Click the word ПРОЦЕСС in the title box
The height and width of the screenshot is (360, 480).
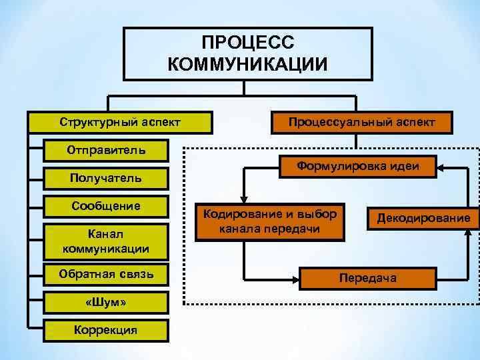[247, 43]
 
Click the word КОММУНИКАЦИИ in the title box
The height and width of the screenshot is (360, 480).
[247, 64]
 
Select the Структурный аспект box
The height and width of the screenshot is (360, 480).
[120, 122]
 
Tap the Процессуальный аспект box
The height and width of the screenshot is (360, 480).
[362, 122]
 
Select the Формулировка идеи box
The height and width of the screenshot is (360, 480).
[357, 167]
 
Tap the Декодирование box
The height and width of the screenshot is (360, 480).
[423, 218]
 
